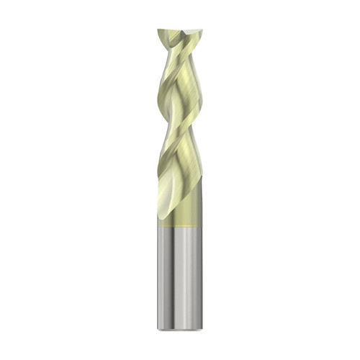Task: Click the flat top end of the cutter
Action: [x=179, y=33]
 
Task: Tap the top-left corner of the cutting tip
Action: [x=158, y=30]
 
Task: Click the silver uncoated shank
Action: [x=180, y=281]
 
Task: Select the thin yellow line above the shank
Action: [x=180, y=227]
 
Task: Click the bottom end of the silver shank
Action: [x=180, y=328]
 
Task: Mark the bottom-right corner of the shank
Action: [x=202, y=328]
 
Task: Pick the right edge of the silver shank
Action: [x=202, y=281]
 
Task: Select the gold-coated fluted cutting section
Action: [x=180, y=122]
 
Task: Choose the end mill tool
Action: [x=180, y=180]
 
